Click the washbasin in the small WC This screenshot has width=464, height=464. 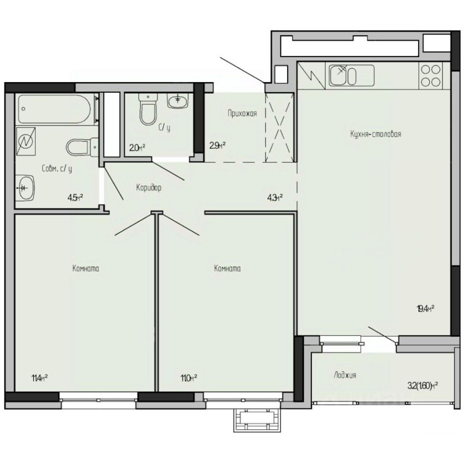click(177, 100)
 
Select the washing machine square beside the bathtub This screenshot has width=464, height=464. click(26, 141)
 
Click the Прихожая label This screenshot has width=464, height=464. click(242, 114)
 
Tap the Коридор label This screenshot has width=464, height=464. click(148, 188)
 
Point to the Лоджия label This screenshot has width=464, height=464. click(345, 375)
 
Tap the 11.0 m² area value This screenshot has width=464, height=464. click(188, 377)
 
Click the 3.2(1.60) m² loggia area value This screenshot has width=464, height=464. click(423, 385)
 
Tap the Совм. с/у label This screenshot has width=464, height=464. click(57, 169)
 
